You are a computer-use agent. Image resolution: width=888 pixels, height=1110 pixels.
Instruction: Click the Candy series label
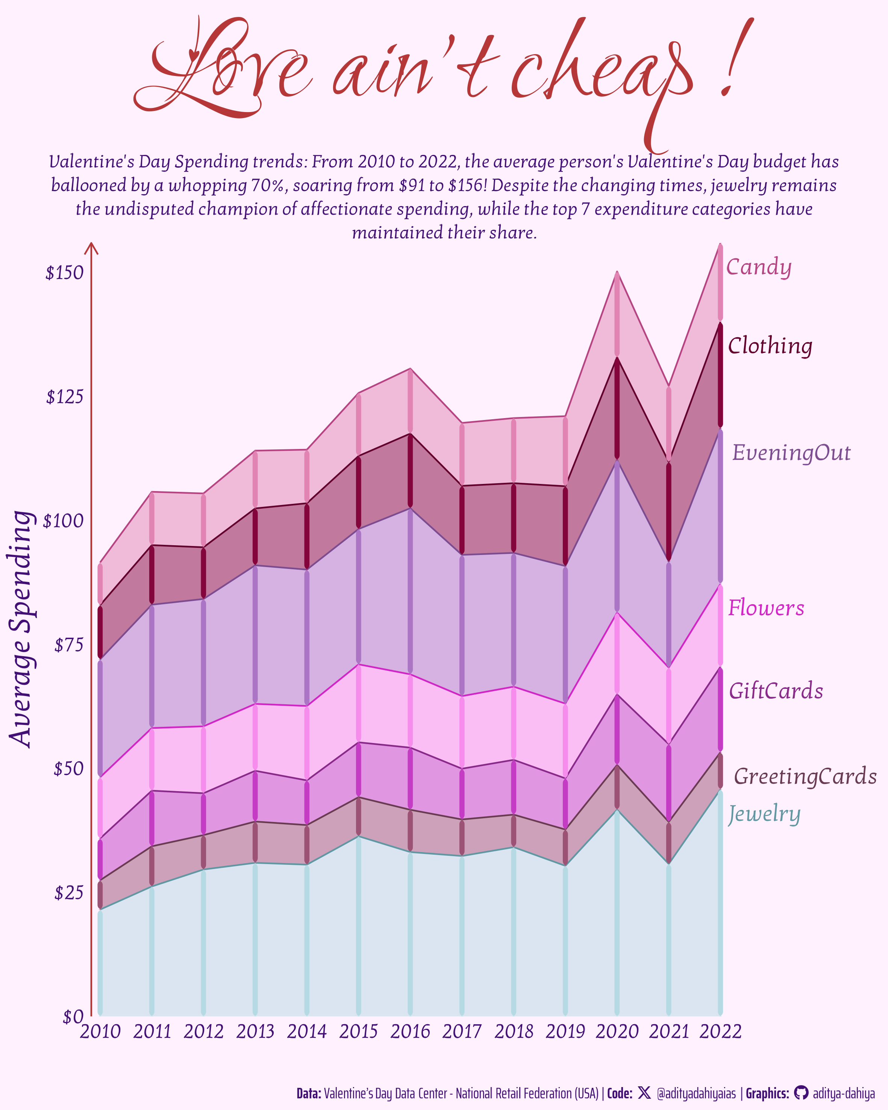coord(758,267)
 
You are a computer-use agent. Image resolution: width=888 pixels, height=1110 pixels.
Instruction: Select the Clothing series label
coord(770,346)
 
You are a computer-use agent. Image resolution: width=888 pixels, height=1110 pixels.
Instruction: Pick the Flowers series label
coord(766,608)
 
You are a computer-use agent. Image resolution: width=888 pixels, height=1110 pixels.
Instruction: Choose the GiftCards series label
coord(776,691)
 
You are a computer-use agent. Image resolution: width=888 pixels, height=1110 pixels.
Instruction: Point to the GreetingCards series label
coord(805,776)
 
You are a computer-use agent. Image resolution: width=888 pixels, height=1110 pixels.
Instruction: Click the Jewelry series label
coord(764,814)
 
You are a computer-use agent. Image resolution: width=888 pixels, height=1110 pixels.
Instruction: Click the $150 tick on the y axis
coord(64,273)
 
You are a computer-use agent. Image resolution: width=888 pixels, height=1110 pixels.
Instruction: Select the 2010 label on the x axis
coord(100,1032)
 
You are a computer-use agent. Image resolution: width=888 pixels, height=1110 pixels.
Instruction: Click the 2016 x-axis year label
coord(410,1032)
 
